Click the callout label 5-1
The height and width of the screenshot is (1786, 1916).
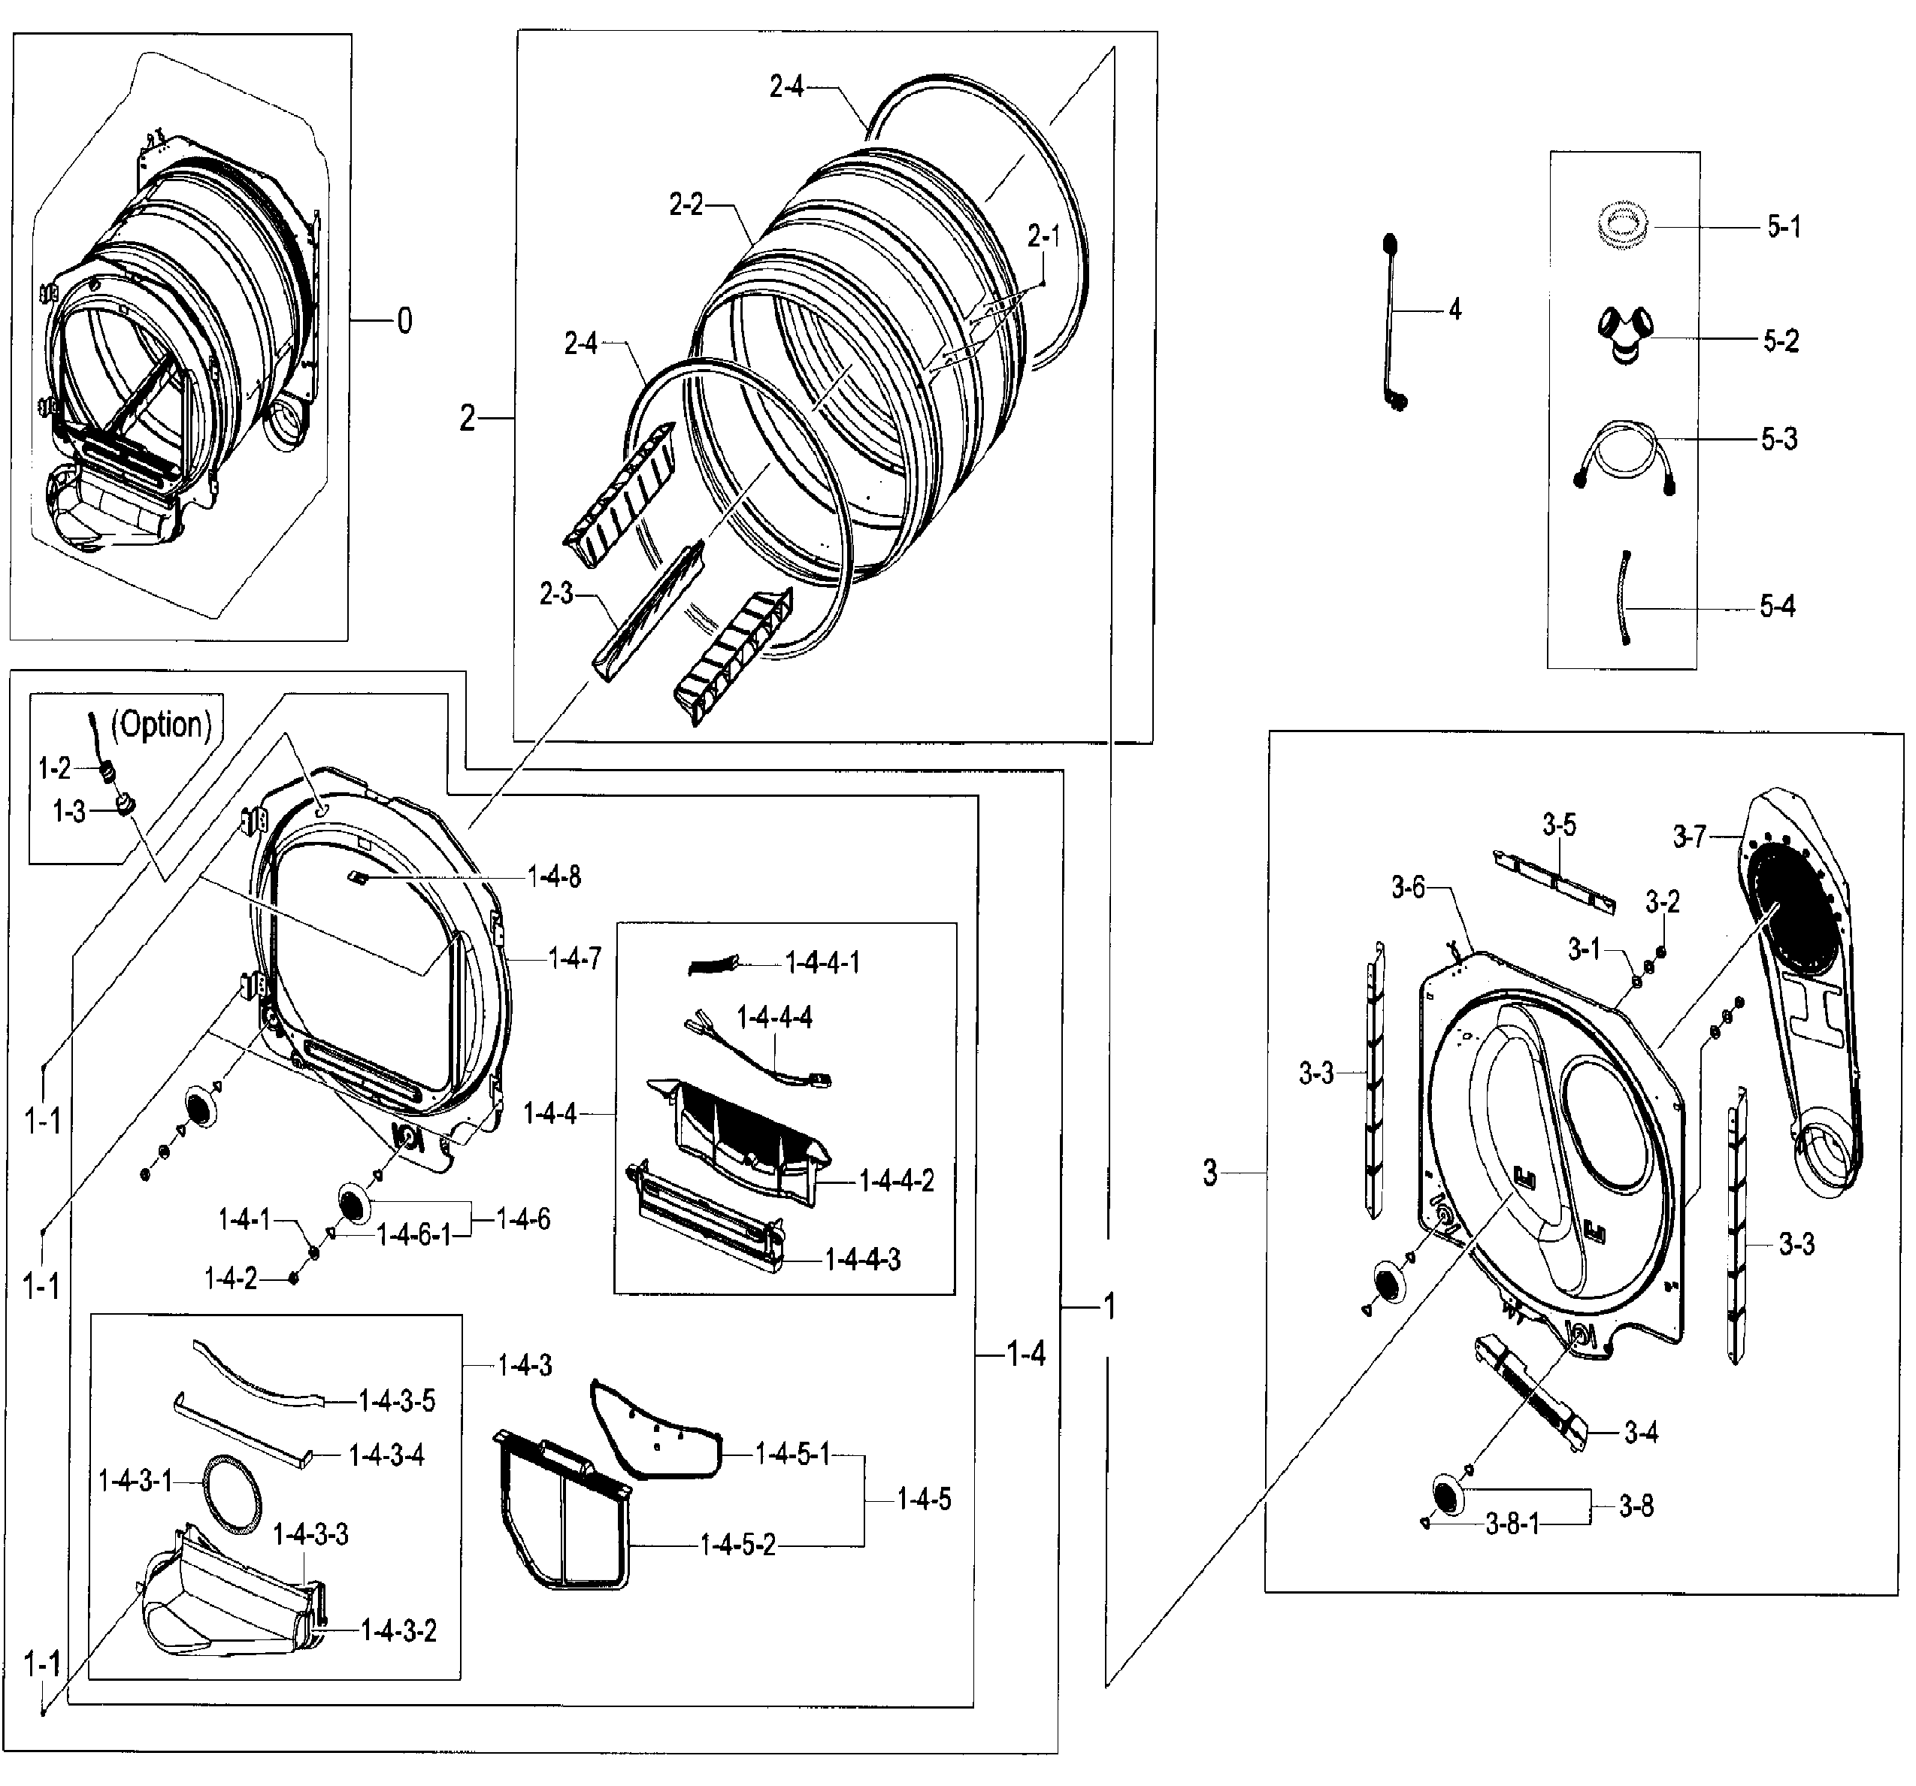pos(1783,228)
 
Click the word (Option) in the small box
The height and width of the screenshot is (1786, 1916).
pos(162,725)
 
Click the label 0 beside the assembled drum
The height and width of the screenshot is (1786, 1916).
pos(405,321)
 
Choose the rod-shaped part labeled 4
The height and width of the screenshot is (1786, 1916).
pos(1393,323)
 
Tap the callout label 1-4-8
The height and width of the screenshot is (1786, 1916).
pos(554,877)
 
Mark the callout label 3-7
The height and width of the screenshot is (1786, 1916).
pos(1688,837)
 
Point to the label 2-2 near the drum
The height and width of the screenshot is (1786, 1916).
pos(686,204)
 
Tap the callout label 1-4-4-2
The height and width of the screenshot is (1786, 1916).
pos(896,1181)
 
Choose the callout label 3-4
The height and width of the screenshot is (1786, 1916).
pos(1640,1432)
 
